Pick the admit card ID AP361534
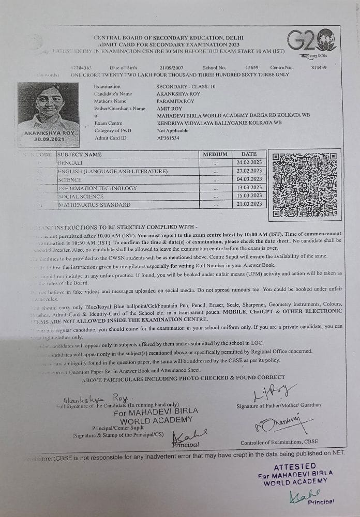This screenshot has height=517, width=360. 168,138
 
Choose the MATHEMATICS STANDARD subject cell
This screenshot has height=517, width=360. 94,205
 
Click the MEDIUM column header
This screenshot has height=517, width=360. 215,154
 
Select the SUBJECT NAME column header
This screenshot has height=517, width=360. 80,154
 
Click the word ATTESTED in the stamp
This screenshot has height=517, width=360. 295,466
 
